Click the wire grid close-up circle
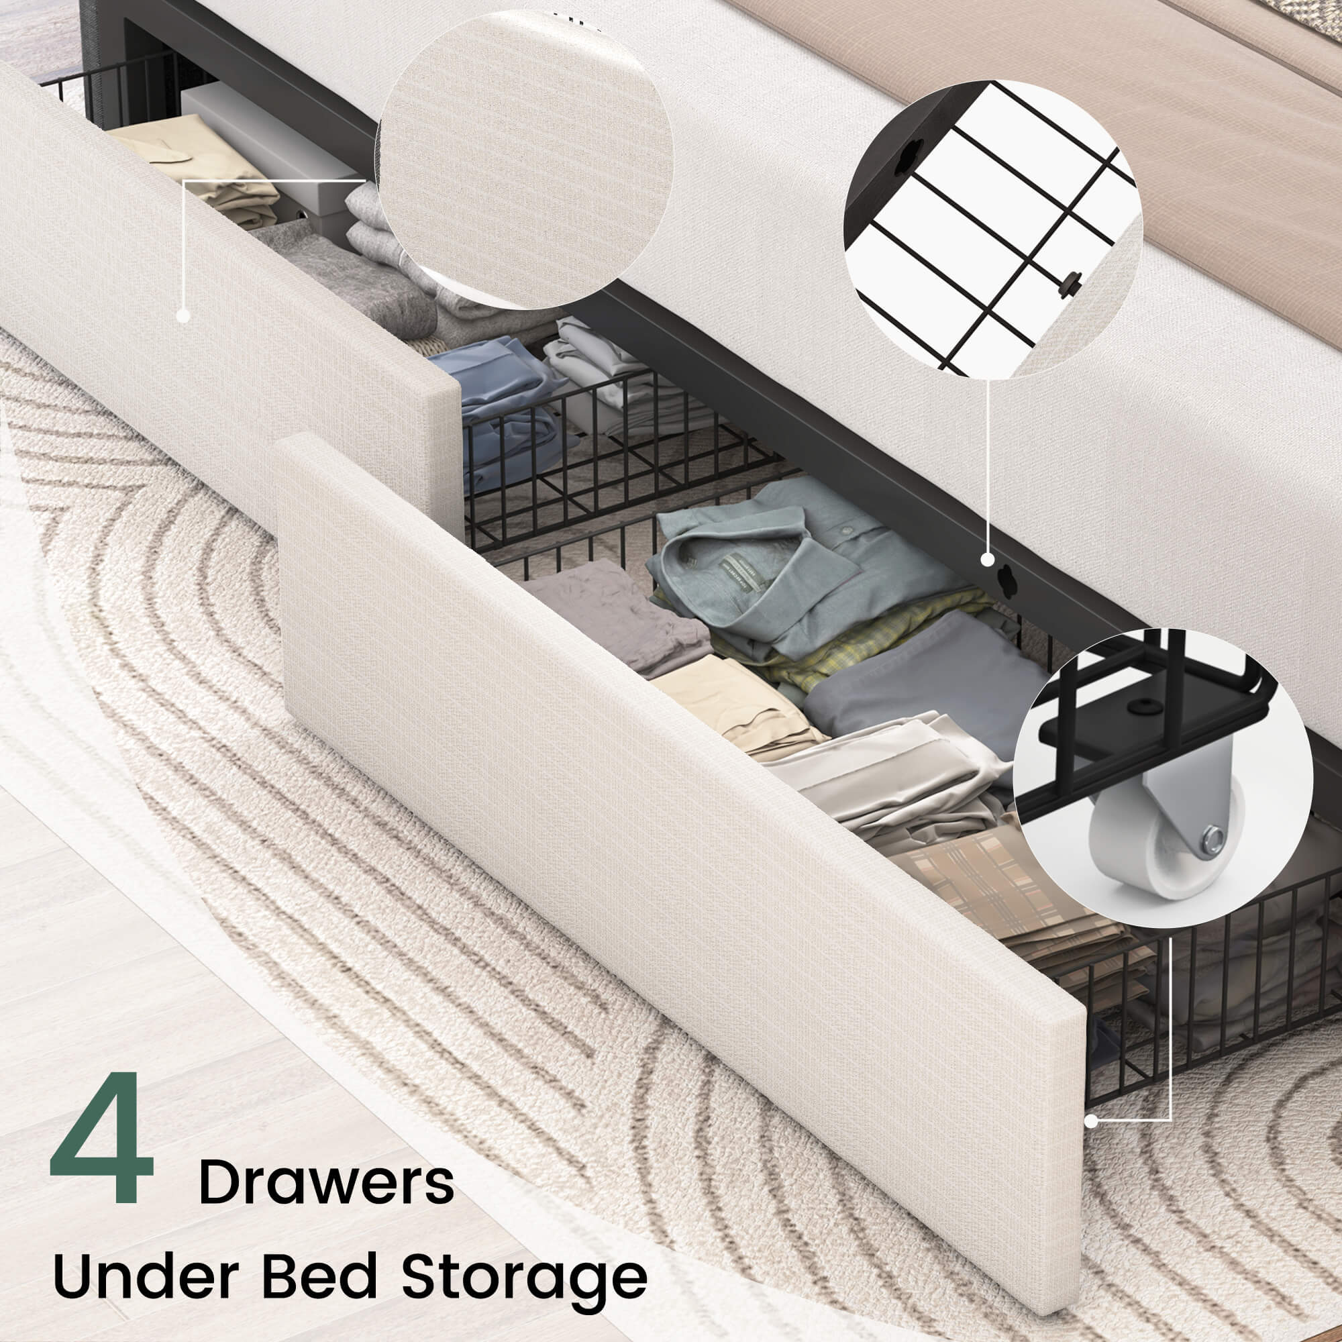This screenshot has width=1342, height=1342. point(992,229)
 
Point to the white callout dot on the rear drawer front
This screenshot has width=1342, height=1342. point(183,315)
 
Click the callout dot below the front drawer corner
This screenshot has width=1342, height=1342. point(1091,1141)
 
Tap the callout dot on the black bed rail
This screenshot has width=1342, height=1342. point(986,559)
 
